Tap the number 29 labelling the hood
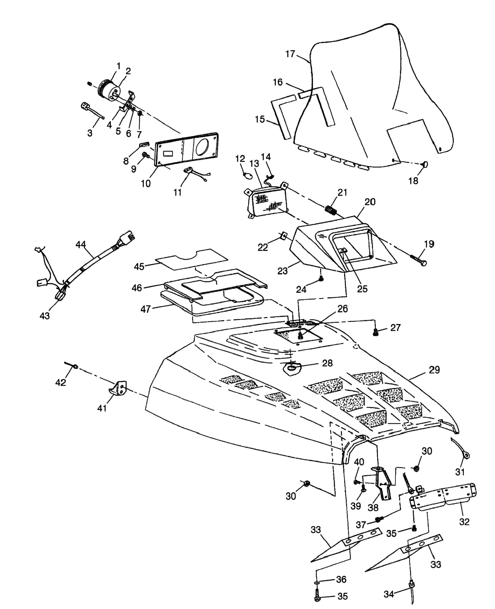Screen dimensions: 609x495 434,370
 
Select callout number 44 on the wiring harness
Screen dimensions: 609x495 81,244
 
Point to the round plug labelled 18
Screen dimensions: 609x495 425,164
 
